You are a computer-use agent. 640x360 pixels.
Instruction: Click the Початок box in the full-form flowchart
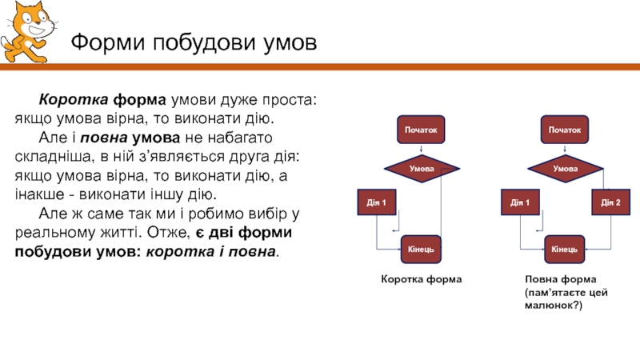(565, 128)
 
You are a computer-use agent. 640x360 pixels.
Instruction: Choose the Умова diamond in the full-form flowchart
(565, 169)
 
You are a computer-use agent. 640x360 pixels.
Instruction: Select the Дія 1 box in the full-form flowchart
(520, 202)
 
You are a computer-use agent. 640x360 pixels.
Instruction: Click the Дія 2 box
(611, 202)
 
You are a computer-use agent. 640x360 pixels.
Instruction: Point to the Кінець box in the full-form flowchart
(565, 250)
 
